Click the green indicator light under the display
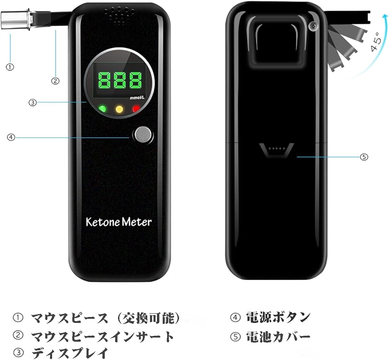point(103,109)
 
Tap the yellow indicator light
point(119,109)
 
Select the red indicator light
point(136,109)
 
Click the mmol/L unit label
point(137,98)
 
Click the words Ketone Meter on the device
point(119,222)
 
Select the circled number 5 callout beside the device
point(364,157)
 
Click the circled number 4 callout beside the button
point(11,137)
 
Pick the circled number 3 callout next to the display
point(33,102)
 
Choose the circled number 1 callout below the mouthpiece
point(10,67)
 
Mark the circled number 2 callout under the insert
point(55,81)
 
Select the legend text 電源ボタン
point(279,317)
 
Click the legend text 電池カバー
point(278,337)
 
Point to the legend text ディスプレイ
point(70,353)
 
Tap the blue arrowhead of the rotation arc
point(385,17)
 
